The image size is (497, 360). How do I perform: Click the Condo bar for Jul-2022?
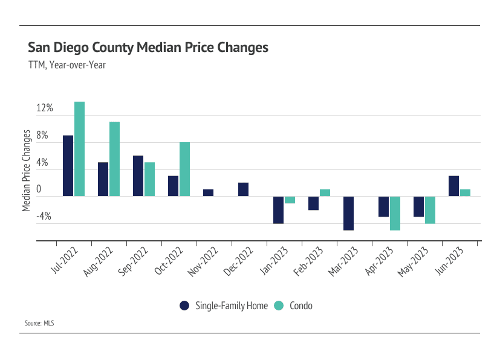(x=79, y=149)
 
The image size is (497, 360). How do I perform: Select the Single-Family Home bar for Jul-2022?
(x=68, y=166)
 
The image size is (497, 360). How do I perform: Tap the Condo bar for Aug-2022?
(x=114, y=159)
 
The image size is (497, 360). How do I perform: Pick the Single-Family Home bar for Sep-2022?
(x=138, y=176)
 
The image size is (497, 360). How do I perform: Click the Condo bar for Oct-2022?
(x=184, y=169)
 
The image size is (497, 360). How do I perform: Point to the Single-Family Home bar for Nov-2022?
(x=208, y=193)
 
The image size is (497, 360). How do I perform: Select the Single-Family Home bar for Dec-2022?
(x=243, y=189)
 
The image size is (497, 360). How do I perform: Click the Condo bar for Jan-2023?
(x=290, y=200)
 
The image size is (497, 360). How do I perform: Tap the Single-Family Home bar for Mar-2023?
(x=348, y=213)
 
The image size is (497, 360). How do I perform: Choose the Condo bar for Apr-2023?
(x=395, y=213)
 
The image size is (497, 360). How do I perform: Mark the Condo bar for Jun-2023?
(x=465, y=193)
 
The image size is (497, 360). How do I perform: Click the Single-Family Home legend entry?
(x=224, y=306)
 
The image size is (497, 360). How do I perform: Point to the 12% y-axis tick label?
(x=45, y=108)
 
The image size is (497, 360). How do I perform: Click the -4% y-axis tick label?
(x=45, y=217)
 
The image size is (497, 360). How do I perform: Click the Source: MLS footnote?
(x=39, y=324)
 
